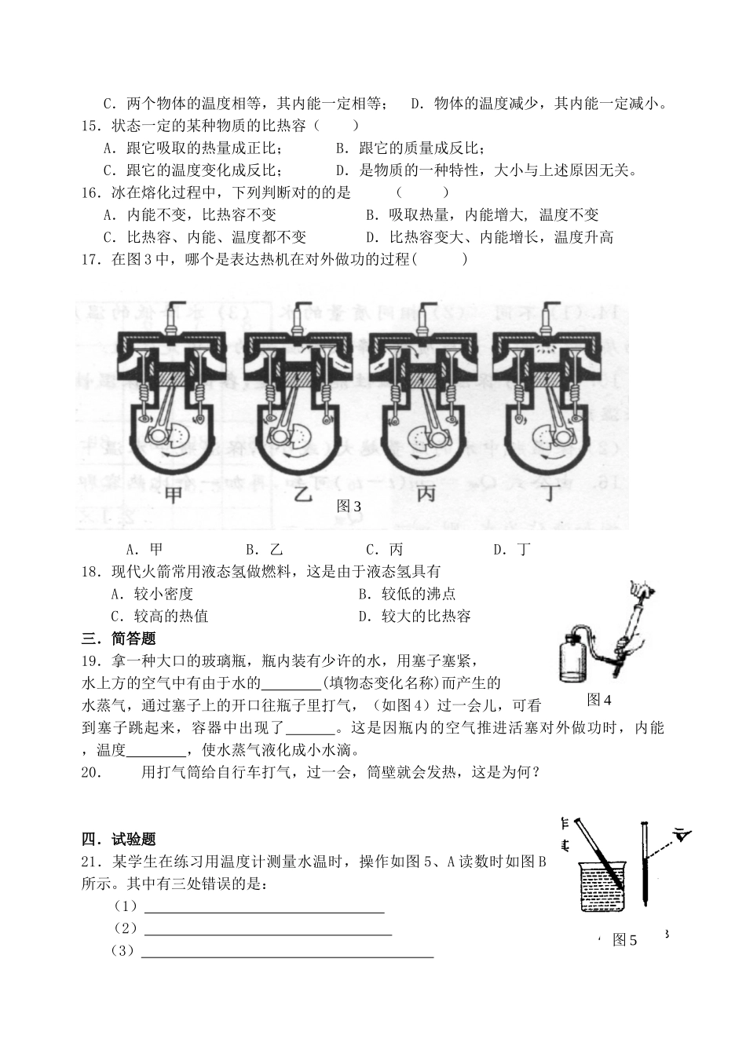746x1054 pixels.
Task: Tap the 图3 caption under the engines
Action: click(349, 507)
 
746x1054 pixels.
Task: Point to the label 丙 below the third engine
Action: click(426, 496)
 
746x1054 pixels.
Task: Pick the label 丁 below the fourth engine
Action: click(549, 496)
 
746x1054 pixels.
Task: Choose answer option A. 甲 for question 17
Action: click(144, 549)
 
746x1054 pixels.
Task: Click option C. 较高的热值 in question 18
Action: click(159, 617)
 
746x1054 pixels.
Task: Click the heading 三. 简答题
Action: click(119, 639)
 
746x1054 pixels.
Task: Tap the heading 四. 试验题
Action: click(119, 840)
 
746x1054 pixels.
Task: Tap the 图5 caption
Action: click(625, 940)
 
